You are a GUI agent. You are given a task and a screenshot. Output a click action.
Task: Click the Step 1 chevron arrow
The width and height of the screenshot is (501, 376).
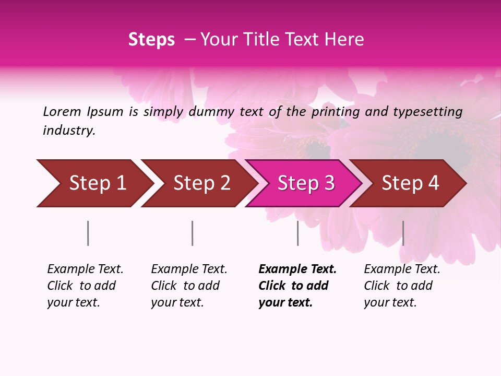94,183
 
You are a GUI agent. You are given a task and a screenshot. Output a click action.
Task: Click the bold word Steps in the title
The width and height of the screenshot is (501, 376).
151,40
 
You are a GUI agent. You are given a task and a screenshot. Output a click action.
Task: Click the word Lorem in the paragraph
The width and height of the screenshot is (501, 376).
62,112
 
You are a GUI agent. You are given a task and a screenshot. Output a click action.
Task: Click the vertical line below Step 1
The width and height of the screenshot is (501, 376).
88,233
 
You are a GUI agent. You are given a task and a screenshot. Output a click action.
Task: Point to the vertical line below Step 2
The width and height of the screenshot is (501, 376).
192,233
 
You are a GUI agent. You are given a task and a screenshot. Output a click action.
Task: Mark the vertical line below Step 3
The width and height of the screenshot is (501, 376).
297,233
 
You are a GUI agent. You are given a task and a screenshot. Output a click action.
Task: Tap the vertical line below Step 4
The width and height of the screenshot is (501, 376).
403,233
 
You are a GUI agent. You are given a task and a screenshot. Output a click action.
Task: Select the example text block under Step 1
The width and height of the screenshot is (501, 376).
85,286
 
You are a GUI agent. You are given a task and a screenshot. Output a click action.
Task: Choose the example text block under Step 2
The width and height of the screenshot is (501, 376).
188,286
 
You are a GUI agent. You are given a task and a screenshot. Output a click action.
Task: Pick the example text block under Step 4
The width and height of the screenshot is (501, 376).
401,286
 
